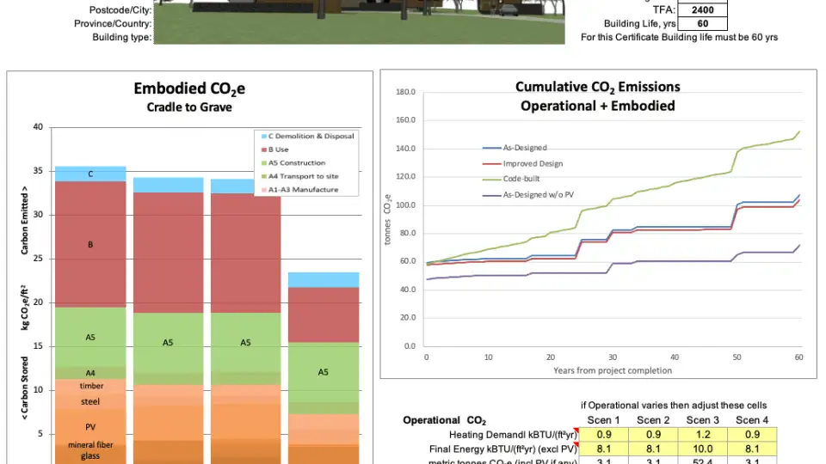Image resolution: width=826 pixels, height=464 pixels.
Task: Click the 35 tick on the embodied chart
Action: coord(37,171)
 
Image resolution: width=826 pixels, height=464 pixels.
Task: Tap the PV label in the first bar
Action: coord(90,427)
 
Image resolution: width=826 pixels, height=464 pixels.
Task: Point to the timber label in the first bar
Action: coord(90,386)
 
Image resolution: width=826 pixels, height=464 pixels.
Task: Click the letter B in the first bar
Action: coord(90,245)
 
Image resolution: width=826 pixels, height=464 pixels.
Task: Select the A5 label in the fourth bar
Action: coord(323,372)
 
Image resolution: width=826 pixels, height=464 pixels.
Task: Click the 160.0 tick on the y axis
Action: coord(404,120)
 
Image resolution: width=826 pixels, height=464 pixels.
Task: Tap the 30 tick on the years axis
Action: coord(613,357)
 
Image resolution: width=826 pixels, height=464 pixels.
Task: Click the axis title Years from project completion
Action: coord(612,371)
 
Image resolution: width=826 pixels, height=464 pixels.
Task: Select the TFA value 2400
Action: coord(703,11)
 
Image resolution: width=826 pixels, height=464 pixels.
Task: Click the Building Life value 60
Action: coord(703,24)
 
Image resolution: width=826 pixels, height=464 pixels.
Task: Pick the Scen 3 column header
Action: coord(703,419)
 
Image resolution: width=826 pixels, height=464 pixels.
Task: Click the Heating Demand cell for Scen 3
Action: coord(703,434)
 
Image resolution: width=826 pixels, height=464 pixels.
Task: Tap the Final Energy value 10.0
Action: coord(703,449)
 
